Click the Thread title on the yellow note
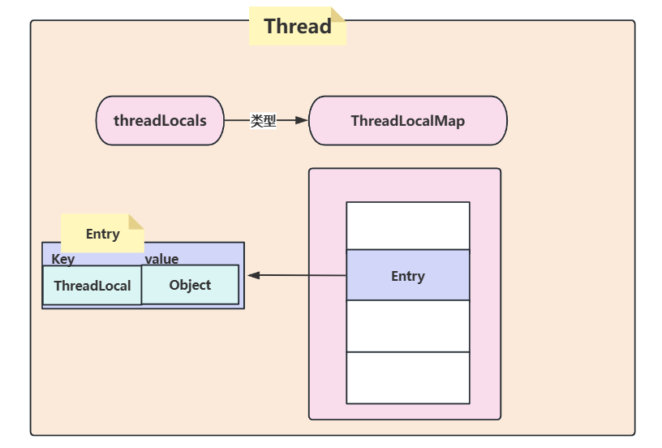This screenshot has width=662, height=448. [297, 26]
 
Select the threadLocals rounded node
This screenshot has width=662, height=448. [160, 121]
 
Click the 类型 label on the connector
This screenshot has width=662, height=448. [263, 121]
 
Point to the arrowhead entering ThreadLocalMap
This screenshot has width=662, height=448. [302, 121]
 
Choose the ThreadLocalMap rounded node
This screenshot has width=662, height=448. [407, 121]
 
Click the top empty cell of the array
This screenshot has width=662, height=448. [407, 226]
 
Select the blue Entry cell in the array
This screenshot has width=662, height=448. [407, 276]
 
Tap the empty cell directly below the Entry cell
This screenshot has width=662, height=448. [407, 326]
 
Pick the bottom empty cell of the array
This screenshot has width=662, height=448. [407, 377]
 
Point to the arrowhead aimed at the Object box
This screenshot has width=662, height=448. [253, 276]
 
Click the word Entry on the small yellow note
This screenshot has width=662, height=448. [102, 234]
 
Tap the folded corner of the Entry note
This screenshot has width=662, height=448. [136, 221]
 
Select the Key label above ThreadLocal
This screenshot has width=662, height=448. [62, 259]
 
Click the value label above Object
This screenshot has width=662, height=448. [161, 259]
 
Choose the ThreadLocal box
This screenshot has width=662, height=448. [92, 286]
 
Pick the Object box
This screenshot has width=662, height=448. [190, 285]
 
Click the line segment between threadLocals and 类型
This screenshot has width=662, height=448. [236, 121]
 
